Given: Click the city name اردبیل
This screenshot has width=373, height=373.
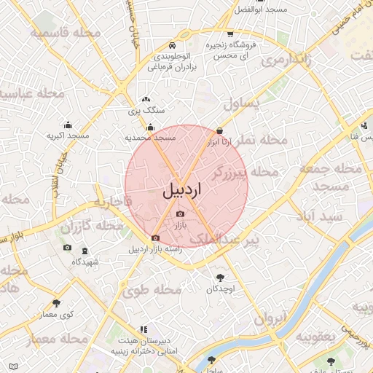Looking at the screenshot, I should pos(182,191).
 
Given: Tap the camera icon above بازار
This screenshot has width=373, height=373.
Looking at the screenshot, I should pos(180,213).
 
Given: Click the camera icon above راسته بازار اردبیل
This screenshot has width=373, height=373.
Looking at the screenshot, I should pos(154,238).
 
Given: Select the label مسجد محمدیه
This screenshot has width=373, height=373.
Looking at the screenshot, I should pos(150,137).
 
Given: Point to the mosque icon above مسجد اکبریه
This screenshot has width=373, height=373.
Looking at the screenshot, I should pos(68,125).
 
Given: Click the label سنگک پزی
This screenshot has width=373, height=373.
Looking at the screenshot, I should pos(146,111).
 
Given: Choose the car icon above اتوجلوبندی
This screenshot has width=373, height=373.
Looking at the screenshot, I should pos(170,43).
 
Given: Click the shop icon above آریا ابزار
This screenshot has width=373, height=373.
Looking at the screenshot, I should pos(220,131).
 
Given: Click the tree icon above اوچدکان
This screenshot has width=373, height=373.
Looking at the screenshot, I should pos(221,278).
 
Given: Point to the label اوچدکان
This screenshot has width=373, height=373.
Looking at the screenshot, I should pos(220,289).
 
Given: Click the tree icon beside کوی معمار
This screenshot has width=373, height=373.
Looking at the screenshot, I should pos(55,303).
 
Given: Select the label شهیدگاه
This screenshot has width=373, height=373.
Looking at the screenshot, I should pos(85,261).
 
